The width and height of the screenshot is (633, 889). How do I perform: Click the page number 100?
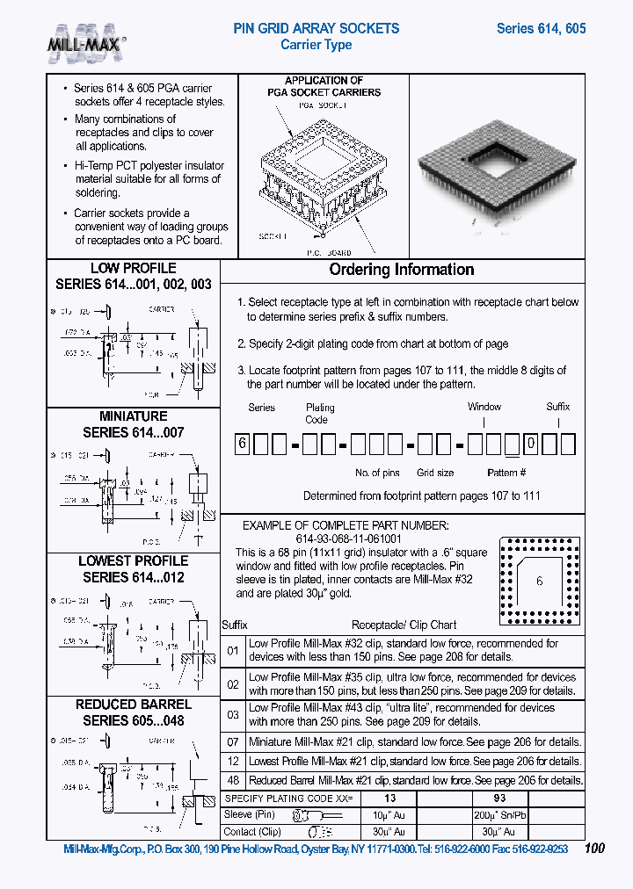point(594,849)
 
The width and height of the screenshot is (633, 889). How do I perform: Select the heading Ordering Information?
point(401,270)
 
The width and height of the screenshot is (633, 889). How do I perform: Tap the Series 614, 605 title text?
point(541,28)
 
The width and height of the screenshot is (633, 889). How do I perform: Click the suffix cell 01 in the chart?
point(233,651)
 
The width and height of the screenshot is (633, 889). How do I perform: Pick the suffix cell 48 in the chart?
point(233,780)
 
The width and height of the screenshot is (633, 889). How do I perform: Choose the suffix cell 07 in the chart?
point(233,742)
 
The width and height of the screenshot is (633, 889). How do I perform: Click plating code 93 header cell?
point(499,799)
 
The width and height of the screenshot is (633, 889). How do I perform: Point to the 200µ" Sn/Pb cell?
point(499,815)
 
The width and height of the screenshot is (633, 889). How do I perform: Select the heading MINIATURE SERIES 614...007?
point(133,424)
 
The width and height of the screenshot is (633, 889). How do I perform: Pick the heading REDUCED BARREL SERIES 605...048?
point(133,712)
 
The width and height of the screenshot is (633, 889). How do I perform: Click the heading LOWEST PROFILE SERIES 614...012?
point(133,569)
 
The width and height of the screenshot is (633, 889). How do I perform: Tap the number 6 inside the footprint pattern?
point(540,582)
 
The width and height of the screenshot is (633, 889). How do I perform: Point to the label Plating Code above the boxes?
point(320,413)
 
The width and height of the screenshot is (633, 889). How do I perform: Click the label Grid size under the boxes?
point(434,473)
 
